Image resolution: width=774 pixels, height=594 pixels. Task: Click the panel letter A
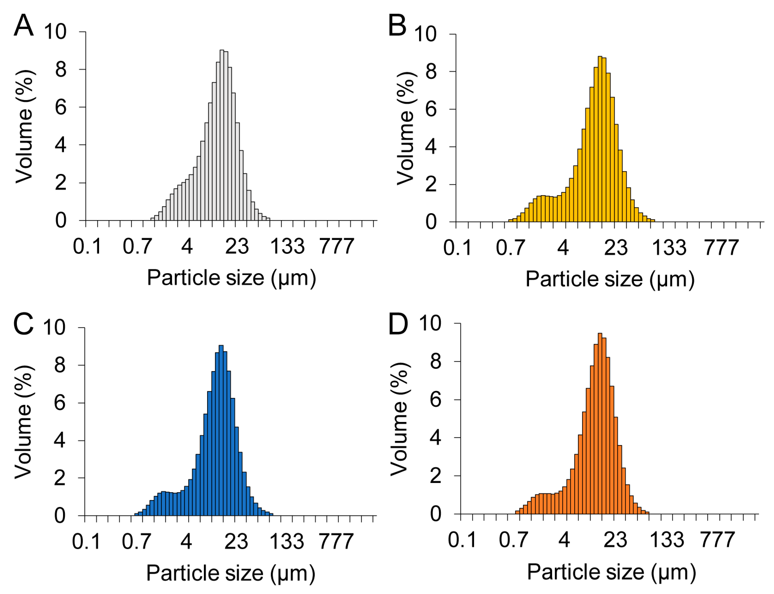point(24,25)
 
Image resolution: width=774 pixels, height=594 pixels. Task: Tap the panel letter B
point(397,25)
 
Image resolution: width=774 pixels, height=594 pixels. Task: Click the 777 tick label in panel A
point(336,246)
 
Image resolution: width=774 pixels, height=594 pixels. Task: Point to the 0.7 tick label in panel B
point(510,248)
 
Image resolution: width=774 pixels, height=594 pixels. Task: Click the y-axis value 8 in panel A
point(61,70)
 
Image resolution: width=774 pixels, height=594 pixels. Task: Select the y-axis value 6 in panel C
point(60,403)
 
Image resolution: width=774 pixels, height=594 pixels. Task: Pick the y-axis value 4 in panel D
point(435,438)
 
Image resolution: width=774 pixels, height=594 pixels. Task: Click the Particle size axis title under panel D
point(611,572)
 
